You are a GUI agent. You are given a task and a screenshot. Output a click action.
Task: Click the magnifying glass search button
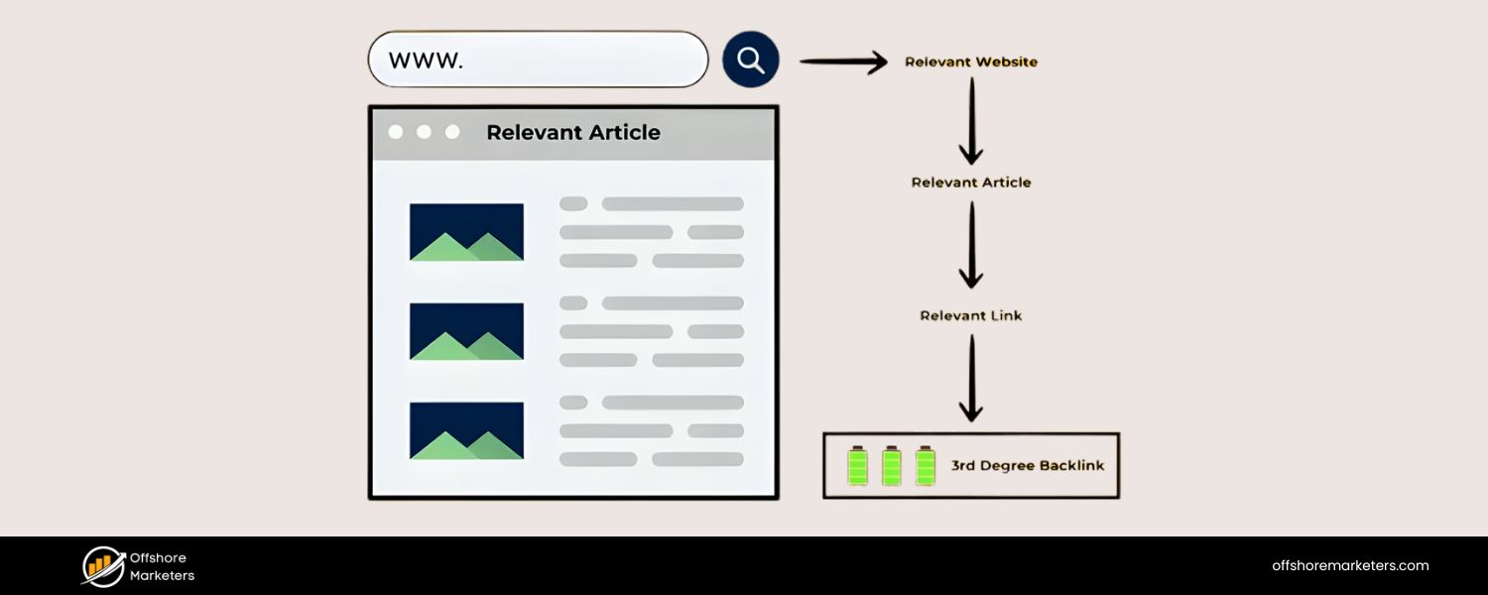click(751, 60)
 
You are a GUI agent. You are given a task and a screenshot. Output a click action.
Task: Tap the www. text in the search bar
click(426, 59)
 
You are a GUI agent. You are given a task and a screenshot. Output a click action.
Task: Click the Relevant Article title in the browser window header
click(572, 133)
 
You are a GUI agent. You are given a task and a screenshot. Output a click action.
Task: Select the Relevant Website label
click(971, 61)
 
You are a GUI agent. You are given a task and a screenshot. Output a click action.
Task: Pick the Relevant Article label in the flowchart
click(971, 182)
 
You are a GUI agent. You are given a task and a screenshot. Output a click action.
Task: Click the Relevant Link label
click(971, 315)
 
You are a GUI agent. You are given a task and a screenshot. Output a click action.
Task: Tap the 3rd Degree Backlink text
click(1027, 465)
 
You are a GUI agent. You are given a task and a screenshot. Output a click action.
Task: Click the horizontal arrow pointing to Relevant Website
click(843, 62)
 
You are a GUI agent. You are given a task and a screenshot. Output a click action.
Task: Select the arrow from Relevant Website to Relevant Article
click(971, 121)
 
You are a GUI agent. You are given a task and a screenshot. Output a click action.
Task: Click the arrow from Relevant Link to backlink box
click(971, 378)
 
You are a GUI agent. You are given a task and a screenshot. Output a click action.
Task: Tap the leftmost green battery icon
click(857, 465)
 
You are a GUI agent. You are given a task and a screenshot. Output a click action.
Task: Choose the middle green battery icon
click(892, 465)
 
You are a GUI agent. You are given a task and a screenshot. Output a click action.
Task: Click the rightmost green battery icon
click(926, 465)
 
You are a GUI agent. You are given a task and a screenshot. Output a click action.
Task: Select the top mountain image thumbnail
click(466, 232)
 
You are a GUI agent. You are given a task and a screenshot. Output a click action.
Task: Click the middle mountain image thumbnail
click(466, 331)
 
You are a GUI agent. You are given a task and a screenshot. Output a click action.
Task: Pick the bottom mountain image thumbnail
click(466, 430)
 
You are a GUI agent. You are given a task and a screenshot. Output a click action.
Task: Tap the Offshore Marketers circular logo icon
click(102, 566)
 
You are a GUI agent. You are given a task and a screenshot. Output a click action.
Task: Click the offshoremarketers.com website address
click(1350, 566)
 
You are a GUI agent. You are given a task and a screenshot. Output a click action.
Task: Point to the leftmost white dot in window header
click(396, 132)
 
